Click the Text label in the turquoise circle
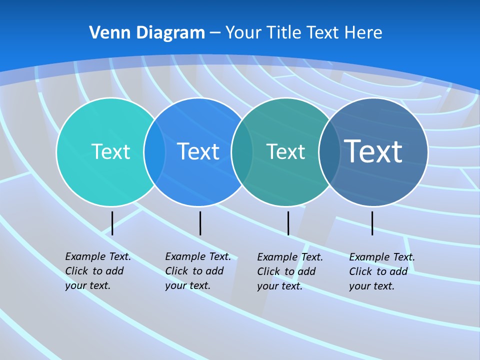[110, 151]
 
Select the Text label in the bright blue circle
[198, 151]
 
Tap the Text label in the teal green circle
[285, 151]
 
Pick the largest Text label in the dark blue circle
[373, 151]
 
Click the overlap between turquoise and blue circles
[154, 151]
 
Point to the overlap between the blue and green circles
[242, 151]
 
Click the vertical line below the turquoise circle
[112, 223]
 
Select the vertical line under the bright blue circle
[200, 223]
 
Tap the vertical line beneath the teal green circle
[288, 223]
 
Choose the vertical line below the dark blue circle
[372, 223]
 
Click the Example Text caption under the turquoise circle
[97, 271]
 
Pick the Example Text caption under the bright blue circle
[197, 271]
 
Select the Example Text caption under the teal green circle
[289, 271]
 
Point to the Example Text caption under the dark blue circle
[381, 271]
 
